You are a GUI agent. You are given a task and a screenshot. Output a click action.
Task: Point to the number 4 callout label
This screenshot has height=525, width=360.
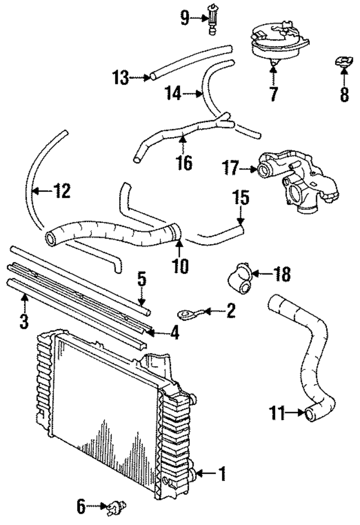tap(175, 333)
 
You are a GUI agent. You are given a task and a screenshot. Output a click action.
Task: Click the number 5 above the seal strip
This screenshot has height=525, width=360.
tap(142, 280)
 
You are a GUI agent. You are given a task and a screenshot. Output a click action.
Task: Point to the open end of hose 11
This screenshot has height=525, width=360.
tap(310, 415)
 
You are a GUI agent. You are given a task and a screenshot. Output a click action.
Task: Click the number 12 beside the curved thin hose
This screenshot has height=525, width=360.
tap(62, 191)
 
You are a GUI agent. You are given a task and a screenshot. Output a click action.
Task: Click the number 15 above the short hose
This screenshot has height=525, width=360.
tap(240, 198)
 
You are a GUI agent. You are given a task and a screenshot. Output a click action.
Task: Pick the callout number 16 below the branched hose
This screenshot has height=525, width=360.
tap(184, 163)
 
